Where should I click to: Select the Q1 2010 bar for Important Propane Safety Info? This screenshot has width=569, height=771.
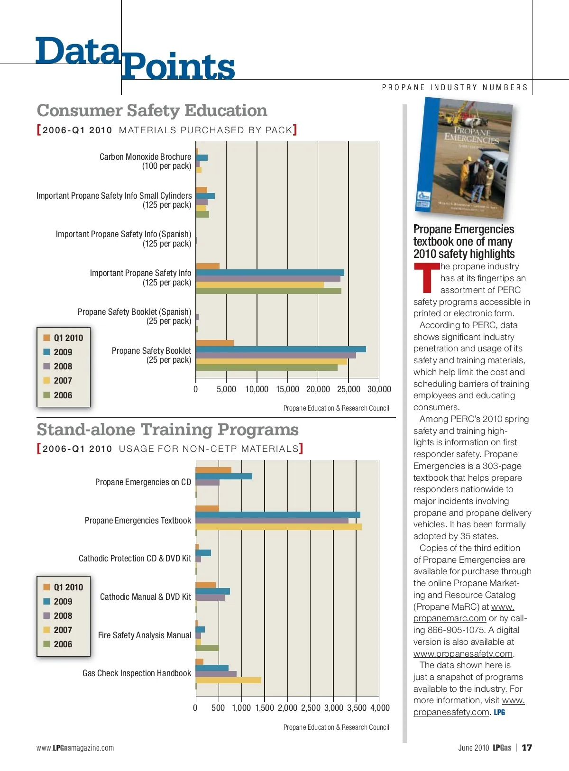(x=208, y=266)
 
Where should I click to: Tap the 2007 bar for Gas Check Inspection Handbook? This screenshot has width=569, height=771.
(x=228, y=680)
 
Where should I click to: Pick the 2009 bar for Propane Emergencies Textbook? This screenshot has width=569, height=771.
(x=278, y=514)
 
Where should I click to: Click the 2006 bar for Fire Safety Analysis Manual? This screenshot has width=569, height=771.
(x=207, y=648)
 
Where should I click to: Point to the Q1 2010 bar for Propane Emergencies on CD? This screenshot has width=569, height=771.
(x=213, y=470)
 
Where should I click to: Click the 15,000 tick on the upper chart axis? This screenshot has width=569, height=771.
(x=287, y=389)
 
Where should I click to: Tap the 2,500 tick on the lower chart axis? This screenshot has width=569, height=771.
(x=311, y=708)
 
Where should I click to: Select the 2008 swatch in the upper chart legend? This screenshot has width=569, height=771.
(x=46, y=366)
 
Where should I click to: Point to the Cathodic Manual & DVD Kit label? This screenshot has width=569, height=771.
(x=146, y=597)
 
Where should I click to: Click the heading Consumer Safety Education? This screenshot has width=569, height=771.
(x=152, y=110)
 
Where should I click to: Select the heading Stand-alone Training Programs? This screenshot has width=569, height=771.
(x=167, y=430)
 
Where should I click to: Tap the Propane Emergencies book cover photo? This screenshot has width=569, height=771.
(x=464, y=158)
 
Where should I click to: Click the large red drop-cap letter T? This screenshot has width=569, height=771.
(x=426, y=278)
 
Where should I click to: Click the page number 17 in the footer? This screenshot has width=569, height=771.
(x=527, y=748)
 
